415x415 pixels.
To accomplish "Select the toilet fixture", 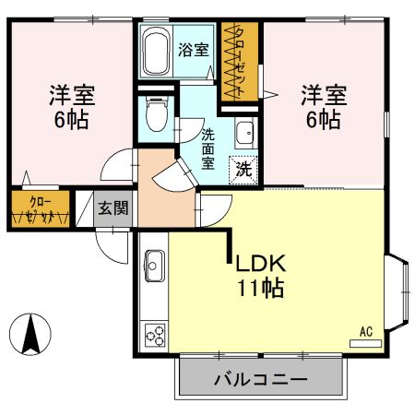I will (155, 116).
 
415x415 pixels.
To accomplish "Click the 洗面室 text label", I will (209, 148).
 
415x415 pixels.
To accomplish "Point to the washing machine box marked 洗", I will (243, 169).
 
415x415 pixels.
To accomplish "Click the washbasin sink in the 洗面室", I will (245, 135).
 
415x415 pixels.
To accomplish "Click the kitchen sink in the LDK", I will (154, 267).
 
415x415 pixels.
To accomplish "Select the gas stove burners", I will (152, 334).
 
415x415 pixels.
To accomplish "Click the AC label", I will (365, 330).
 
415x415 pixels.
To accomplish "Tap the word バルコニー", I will (261, 378).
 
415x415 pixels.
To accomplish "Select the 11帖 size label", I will (261, 287).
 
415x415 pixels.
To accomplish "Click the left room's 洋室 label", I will (72, 94).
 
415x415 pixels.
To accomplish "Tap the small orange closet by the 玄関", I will (39, 208).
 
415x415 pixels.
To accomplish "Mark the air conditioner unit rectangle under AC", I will (365, 342).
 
